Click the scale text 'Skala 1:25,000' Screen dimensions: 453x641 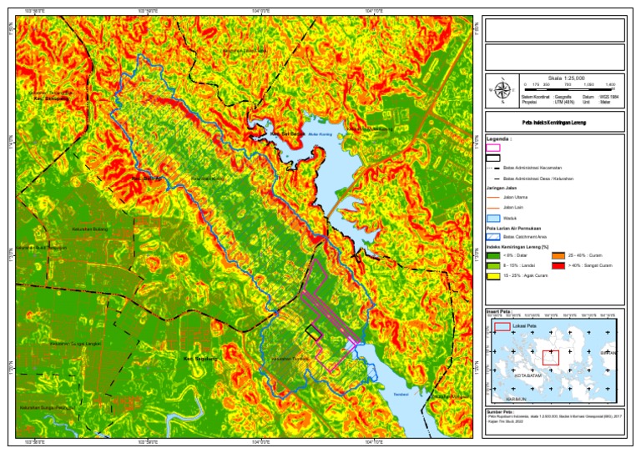[x=569, y=77]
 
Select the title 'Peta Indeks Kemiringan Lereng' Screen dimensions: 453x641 [x=553, y=122]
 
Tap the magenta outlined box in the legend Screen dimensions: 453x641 [x=493, y=147]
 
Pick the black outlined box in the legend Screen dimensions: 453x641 [x=493, y=157]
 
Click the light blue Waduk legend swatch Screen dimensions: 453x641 [x=493, y=217]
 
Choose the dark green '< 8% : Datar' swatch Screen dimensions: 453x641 [x=493, y=254]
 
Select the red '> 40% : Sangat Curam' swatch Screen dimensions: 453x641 [x=558, y=265]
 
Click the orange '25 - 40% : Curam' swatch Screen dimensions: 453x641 [x=558, y=254]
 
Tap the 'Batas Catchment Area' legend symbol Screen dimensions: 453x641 [x=493, y=236]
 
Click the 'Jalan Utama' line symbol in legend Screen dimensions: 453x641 [x=493, y=197]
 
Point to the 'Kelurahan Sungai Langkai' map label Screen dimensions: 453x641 [x=74, y=343]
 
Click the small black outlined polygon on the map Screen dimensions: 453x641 [x=314, y=331]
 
